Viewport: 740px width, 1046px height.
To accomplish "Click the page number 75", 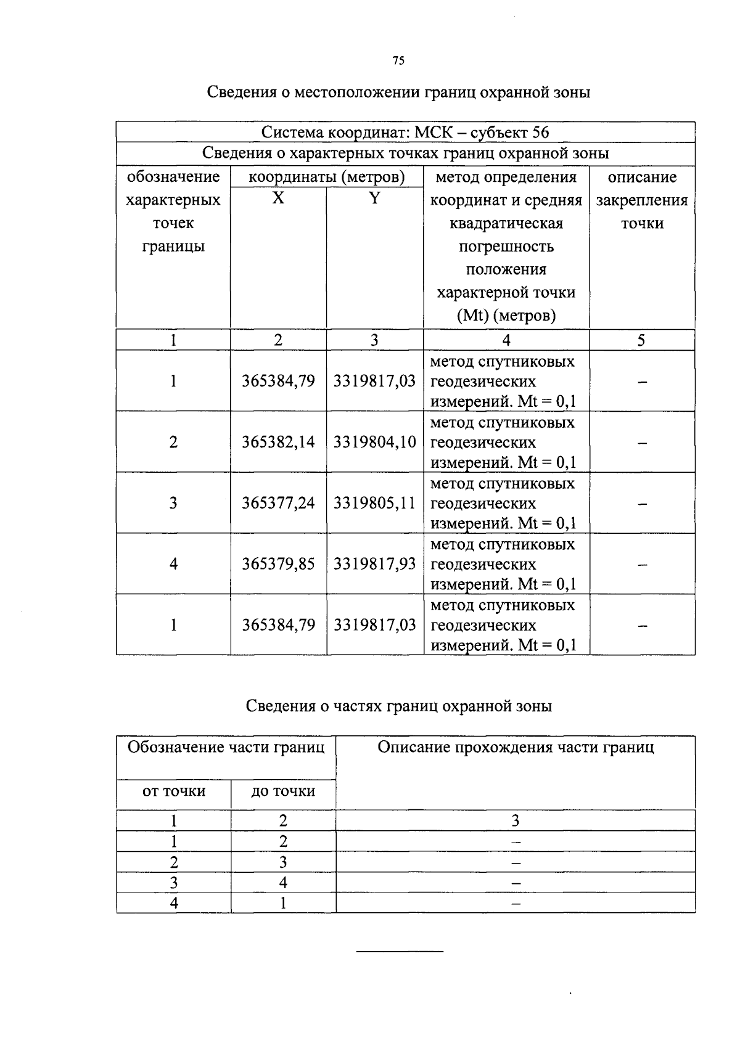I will click(x=398, y=60).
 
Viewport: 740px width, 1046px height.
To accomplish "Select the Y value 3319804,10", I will click(x=374, y=442).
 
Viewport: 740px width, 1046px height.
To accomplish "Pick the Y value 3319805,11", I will click(x=374, y=503).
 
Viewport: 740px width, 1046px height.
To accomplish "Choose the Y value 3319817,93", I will click(x=374, y=564).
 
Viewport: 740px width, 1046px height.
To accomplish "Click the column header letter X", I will click(x=279, y=198).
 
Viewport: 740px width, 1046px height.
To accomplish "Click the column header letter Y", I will click(x=374, y=198).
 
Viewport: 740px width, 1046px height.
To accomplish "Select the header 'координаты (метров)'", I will click(x=326, y=178).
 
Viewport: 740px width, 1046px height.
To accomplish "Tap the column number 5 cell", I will click(x=641, y=340).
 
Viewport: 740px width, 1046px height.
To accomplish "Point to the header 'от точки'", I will click(x=173, y=791).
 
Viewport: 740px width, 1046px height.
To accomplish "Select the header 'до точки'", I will click(x=283, y=791).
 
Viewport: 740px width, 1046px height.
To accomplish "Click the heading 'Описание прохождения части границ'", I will click(x=515, y=748).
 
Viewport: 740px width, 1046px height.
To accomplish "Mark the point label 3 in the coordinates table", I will click(x=173, y=503).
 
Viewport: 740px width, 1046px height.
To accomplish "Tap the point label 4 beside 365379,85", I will click(x=173, y=564).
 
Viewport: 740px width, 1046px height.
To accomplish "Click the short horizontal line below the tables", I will click(x=400, y=952).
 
